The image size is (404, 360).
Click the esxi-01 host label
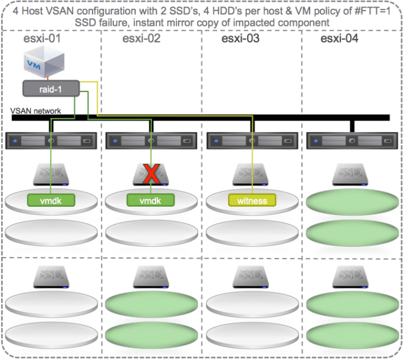pos(43,39)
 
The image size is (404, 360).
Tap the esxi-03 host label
pos(242,39)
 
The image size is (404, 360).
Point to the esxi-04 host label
pos(341,39)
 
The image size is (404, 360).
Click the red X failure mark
pos(152,174)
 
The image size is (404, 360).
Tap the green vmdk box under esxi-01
pos(51,200)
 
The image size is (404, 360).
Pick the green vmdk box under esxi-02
pos(152,200)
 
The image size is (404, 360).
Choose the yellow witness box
pos(252,200)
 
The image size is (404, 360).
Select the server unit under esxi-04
pos(352,141)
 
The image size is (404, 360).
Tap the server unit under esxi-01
pos(51,141)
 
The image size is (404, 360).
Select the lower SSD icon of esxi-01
pos(51,276)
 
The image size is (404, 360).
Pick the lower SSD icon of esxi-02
pos(152,276)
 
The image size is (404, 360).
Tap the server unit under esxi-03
pos(252,141)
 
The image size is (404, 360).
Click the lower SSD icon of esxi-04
pos(352,276)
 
